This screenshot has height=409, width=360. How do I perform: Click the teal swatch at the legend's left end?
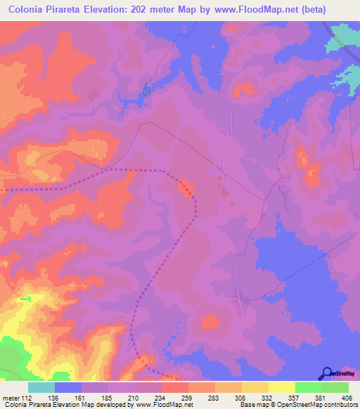pos(41,388)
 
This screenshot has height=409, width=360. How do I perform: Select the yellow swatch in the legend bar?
pos(282,388)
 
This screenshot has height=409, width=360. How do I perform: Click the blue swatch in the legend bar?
pos(68,388)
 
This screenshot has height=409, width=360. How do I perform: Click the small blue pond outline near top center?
pos(146,89)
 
